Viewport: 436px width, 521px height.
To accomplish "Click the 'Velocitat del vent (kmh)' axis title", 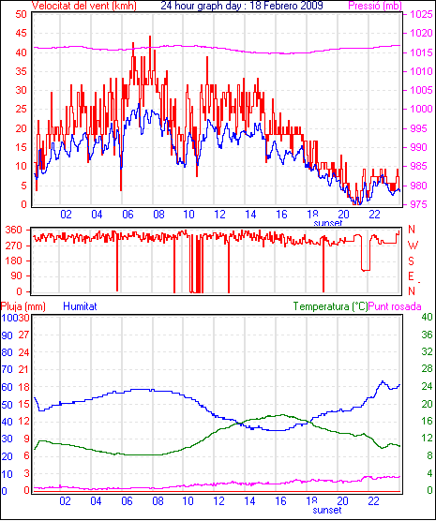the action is click(84, 6).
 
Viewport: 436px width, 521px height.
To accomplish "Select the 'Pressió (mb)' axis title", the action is click(375, 6).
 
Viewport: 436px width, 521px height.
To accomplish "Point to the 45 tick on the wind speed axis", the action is click(21, 33).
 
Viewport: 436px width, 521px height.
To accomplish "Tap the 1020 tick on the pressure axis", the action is click(421, 33).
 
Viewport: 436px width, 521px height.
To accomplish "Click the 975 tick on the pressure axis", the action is click(421, 204).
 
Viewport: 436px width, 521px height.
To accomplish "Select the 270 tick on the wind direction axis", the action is click(14, 246).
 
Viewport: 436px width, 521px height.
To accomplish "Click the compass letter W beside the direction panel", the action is click(413, 246).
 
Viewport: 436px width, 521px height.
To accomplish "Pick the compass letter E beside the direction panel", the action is click(411, 276).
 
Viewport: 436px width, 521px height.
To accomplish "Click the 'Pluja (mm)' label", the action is click(23, 306).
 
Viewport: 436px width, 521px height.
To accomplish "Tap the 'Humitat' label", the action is click(80, 306).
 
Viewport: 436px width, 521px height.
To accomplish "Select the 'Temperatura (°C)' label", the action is click(331, 306).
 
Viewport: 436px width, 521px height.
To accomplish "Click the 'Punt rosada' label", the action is click(395, 306).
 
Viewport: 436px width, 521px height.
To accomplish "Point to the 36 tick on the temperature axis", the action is click(427, 335).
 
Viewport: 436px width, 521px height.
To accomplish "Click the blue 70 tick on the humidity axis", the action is click(7, 369).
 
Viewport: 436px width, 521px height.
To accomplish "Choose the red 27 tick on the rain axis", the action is click(23, 335).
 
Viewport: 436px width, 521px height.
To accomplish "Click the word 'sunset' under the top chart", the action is click(327, 223).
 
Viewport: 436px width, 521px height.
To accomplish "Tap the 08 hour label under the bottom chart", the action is click(158, 500).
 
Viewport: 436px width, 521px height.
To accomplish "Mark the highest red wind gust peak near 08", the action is click(150, 37).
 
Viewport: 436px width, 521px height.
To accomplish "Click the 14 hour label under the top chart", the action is click(250, 215).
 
